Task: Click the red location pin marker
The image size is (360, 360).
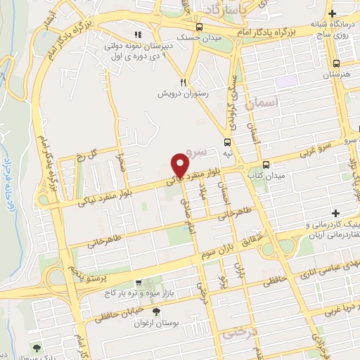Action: [x=180, y=166]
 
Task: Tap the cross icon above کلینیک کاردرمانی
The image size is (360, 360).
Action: [x=336, y=212]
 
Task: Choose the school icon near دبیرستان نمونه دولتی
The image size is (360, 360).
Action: [x=139, y=34]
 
